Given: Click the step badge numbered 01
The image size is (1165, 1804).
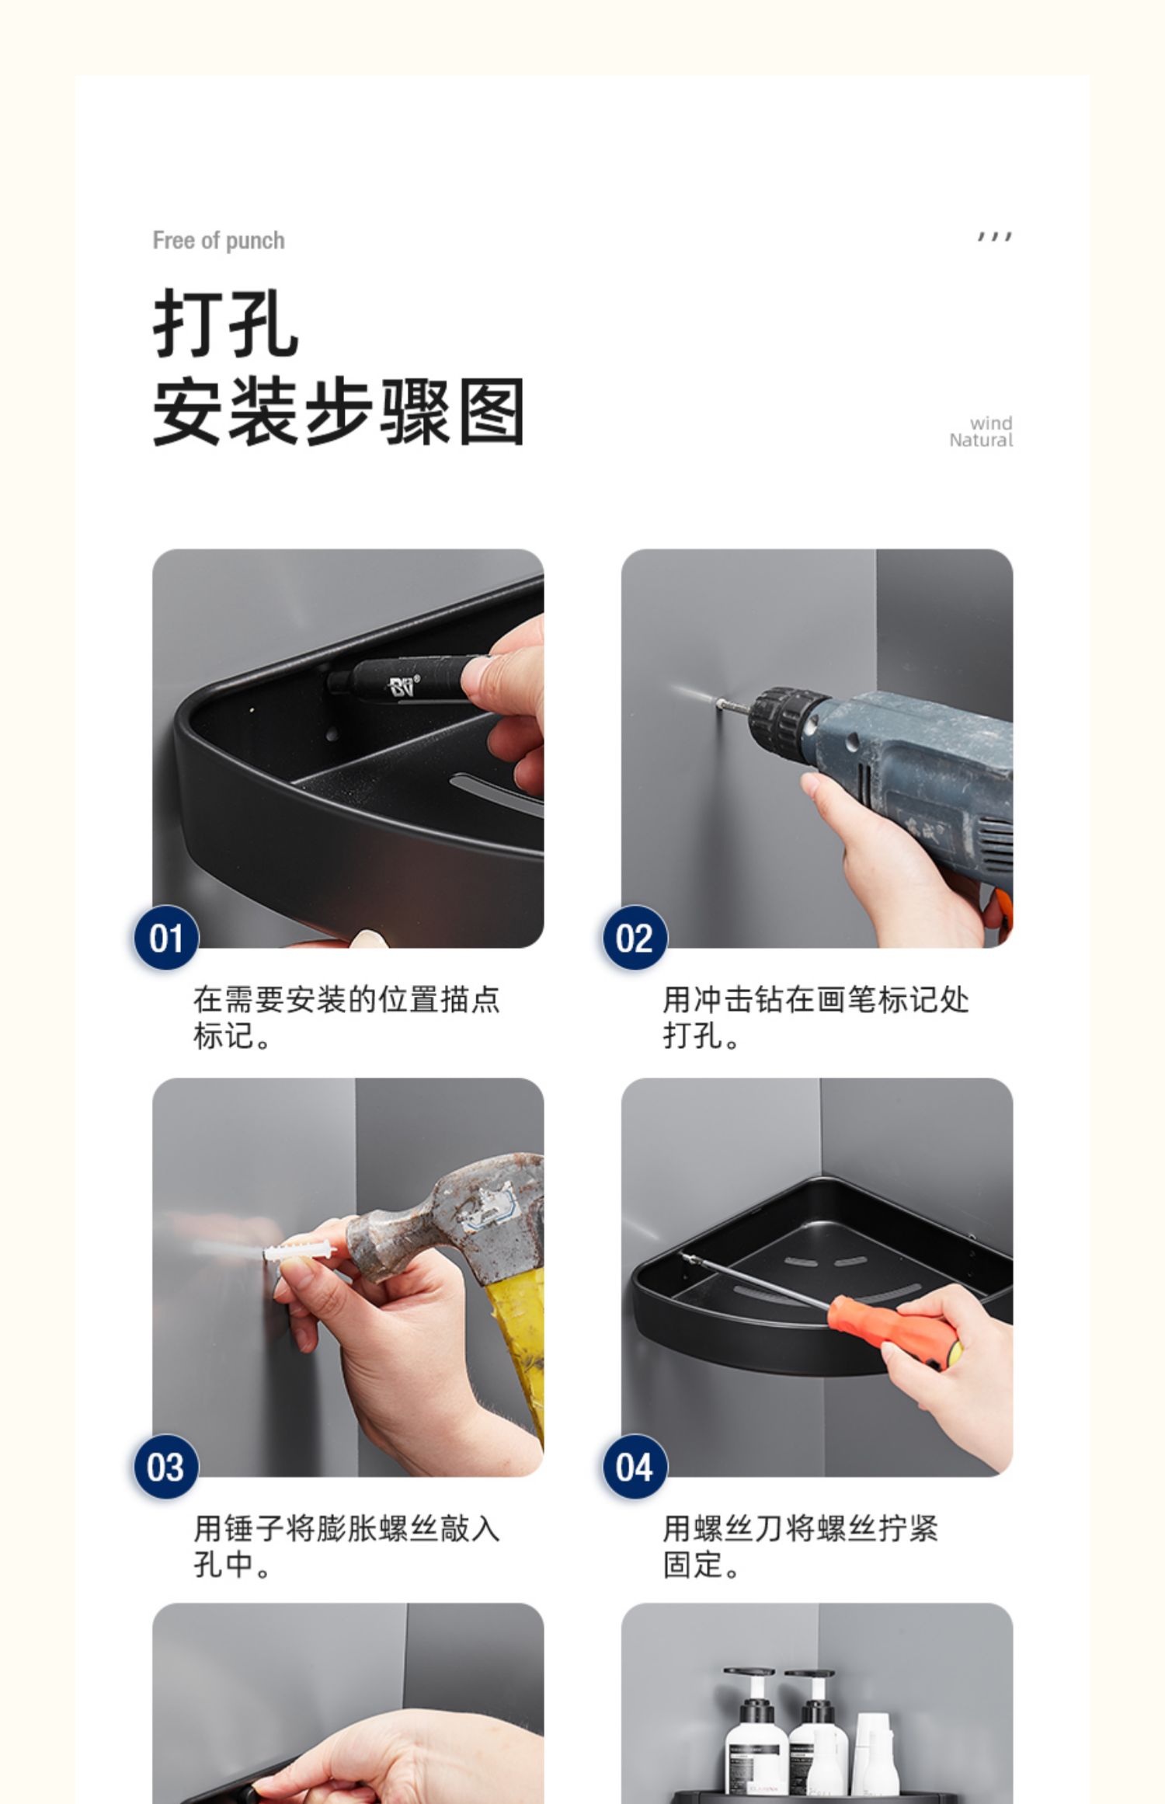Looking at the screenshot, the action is [x=166, y=938].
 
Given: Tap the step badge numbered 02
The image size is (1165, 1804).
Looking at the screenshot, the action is [x=635, y=938].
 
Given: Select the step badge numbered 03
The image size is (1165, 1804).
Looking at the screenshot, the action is [x=166, y=1467].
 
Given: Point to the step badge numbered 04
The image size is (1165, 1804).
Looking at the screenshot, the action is [x=635, y=1467].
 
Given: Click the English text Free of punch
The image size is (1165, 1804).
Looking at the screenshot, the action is [x=218, y=241].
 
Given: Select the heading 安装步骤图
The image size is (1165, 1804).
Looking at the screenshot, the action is [x=339, y=412].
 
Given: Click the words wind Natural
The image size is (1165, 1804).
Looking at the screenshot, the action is [x=981, y=432].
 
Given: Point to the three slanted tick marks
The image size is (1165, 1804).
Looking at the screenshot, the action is [x=995, y=236].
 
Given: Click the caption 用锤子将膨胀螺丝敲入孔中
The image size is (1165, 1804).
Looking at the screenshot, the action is [x=346, y=1547].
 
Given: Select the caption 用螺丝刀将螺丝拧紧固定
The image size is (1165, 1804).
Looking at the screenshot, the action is [x=800, y=1547].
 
